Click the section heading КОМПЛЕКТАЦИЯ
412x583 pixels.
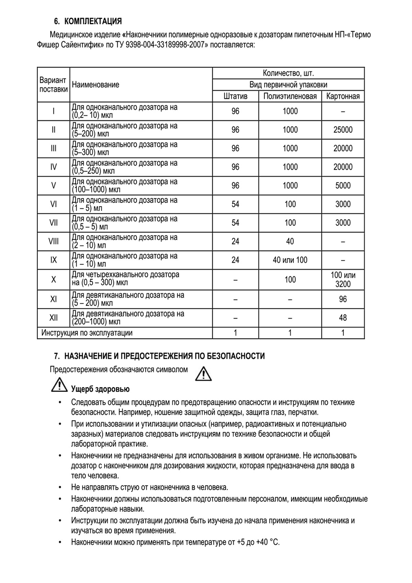click(93, 21)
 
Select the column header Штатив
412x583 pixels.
click(235, 96)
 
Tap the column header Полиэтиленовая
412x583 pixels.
click(290, 96)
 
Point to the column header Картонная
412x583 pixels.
click(343, 96)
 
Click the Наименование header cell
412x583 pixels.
click(95, 85)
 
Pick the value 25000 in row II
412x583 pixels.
click(343, 130)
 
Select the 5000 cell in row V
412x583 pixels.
click(343, 186)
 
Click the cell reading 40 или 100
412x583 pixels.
click(290, 260)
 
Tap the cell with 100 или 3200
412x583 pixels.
click(343, 279)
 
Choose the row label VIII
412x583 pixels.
click(54, 242)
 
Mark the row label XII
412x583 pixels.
click(54, 318)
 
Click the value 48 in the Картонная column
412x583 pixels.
click(343, 318)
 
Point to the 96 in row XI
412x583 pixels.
click(343, 299)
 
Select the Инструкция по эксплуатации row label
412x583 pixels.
click(87, 333)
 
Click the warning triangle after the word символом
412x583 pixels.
click(203, 374)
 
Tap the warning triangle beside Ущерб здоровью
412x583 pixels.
click(59, 385)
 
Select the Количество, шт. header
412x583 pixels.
click(288, 73)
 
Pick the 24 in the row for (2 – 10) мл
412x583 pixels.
click(235, 242)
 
